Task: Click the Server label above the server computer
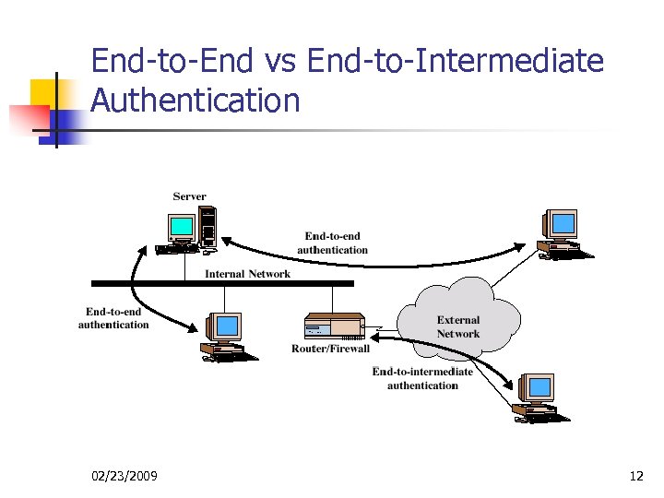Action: [189, 196]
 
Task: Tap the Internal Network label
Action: [247, 273]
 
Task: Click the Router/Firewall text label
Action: [330, 349]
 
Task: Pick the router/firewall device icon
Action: [334, 326]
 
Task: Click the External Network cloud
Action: [458, 318]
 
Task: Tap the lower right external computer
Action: [538, 398]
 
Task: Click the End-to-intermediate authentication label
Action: [422, 378]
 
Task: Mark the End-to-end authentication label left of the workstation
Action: [113, 318]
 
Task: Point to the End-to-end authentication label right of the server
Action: [332, 243]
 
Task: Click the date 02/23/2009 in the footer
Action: [125, 476]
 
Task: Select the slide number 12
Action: [635, 476]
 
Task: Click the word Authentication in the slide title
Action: [196, 101]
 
